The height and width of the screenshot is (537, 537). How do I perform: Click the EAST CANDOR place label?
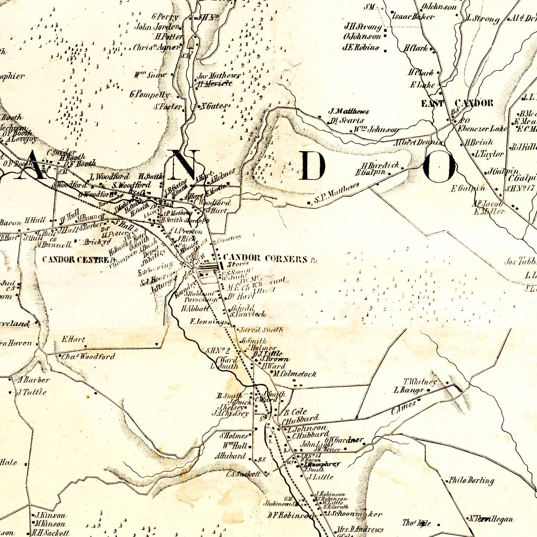click(x=457, y=103)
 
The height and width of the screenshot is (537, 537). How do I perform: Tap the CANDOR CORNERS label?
click(x=265, y=258)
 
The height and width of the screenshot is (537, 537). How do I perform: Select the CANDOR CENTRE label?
click(x=75, y=260)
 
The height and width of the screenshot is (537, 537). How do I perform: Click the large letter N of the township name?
click(x=184, y=164)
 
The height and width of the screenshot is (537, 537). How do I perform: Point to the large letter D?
click(x=313, y=165)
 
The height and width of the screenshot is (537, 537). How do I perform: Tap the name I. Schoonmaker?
click(x=354, y=514)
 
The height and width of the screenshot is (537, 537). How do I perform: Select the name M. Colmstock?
click(x=295, y=374)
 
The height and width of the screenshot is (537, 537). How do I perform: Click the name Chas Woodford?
click(x=88, y=357)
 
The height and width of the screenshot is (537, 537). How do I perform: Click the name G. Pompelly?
click(x=150, y=95)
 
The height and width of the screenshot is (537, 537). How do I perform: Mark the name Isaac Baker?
click(x=413, y=16)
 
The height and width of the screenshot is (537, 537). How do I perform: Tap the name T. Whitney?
click(x=420, y=382)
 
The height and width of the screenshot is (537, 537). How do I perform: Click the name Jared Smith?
click(x=261, y=330)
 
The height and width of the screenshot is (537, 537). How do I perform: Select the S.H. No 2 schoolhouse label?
click(x=218, y=350)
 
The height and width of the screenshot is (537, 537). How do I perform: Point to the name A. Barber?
click(x=33, y=380)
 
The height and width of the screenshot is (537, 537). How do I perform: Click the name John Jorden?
click(x=156, y=27)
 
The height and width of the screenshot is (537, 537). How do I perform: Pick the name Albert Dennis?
click(x=418, y=142)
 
